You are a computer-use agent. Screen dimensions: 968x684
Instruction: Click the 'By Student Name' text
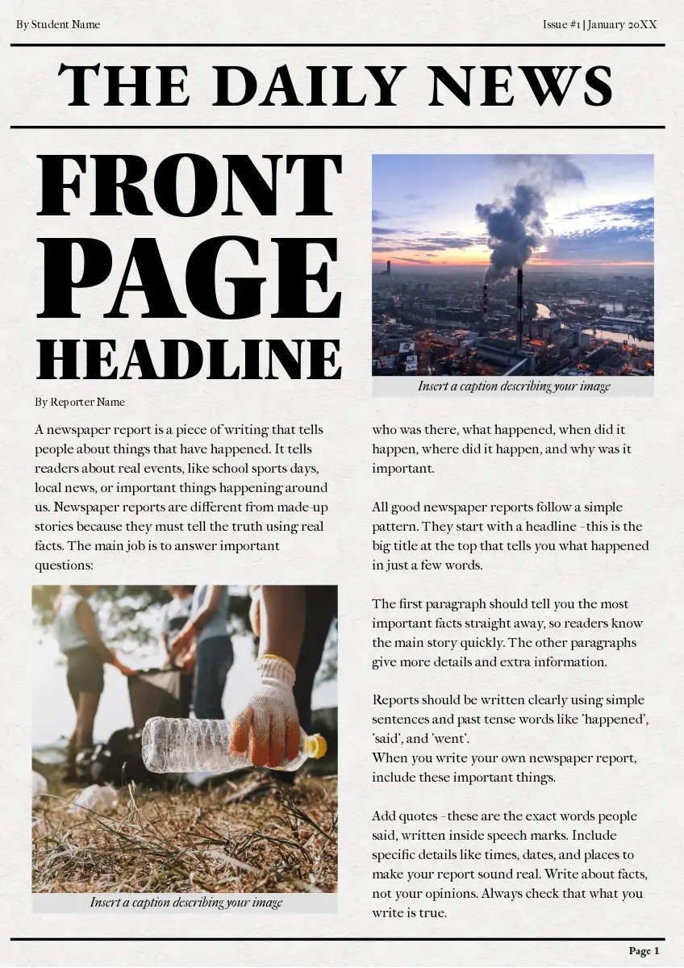coord(58,24)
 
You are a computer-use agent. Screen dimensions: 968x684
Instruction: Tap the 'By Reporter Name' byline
coord(80,402)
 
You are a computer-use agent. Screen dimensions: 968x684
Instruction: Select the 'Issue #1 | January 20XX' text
coord(600,24)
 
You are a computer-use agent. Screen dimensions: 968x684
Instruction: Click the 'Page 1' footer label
coord(644,951)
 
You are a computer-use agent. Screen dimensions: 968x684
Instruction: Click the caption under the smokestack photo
coord(514,386)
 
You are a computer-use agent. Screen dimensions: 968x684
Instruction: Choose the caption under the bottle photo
coord(186,903)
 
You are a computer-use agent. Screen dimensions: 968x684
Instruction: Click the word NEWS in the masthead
coord(521,86)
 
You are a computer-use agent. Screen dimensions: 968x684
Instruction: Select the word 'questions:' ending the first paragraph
coord(65,565)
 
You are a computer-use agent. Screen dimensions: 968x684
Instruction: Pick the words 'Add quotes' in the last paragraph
coord(402,816)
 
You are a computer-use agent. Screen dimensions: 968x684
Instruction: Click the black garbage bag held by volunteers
coord(157,694)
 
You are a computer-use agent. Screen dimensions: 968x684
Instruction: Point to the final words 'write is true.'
coord(409,913)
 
